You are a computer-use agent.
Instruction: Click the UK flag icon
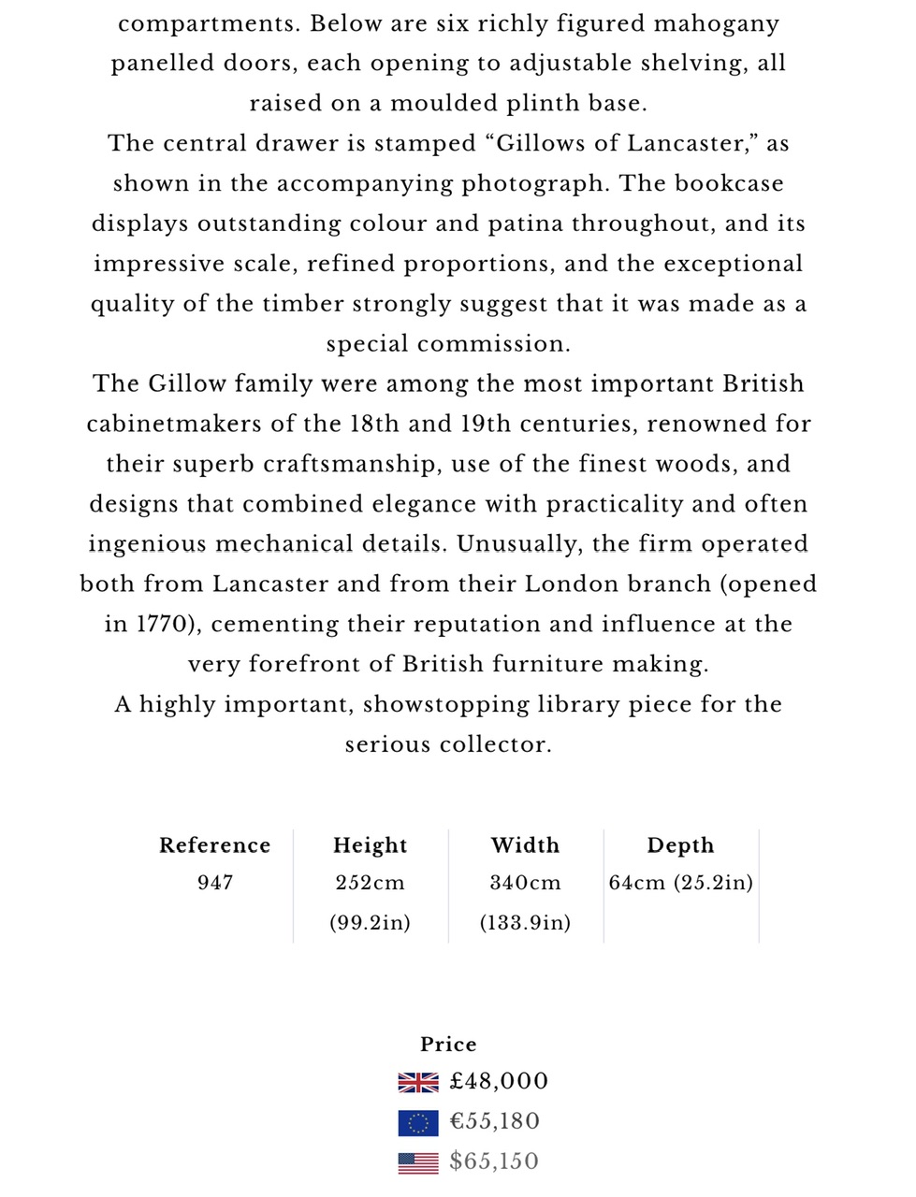click(417, 1082)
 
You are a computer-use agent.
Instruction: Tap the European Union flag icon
click(417, 1122)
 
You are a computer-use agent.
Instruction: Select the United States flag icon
click(417, 1162)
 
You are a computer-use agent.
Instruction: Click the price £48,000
click(499, 1082)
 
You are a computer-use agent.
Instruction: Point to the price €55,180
click(495, 1121)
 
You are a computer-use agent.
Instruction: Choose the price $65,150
click(494, 1161)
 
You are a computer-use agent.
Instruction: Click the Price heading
click(448, 1045)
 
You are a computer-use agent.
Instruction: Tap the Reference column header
click(214, 845)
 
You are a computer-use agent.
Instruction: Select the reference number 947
click(214, 883)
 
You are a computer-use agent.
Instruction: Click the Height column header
click(370, 845)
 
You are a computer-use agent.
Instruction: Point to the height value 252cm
click(370, 883)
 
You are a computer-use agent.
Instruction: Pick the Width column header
click(525, 845)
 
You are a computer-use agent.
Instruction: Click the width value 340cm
click(525, 883)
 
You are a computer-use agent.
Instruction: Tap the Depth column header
click(680, 845)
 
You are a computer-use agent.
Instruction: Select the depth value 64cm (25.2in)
click(680, 883)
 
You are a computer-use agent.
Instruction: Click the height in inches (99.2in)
click(370, 923)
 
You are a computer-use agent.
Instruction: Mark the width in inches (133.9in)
click(525, 923)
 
